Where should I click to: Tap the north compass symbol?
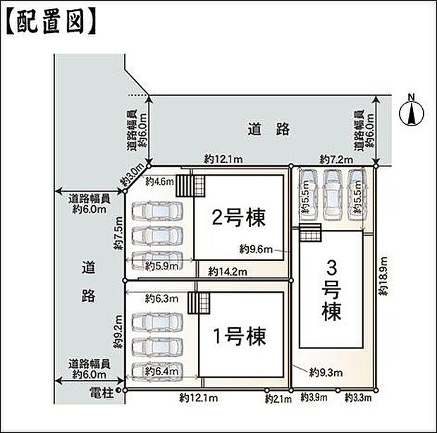(411, 112)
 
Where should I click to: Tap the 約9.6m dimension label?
(254, 248)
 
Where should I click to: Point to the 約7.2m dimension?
(336, 159)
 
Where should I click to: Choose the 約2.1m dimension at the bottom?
(278, 399)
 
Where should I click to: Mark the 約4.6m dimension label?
(159, 181)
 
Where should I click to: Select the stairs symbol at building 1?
(199, 304)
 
